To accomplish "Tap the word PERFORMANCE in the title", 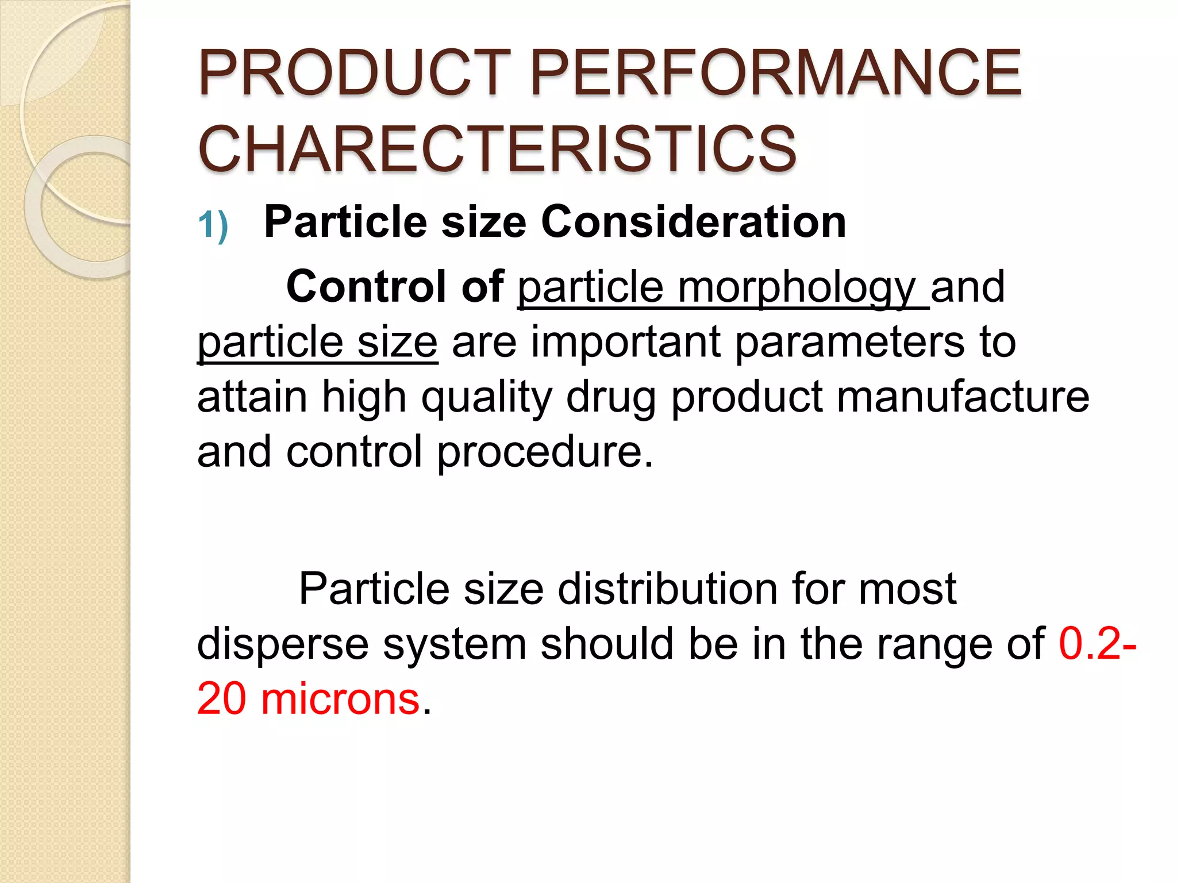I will pos(776,73).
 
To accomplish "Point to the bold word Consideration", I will pos(693,222).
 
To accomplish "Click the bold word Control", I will pos(366,286).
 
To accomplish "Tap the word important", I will pos(625,342).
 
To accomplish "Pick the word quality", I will pos(487,398).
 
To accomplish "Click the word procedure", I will pos(545,453).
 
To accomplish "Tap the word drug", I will pos(611,398).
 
